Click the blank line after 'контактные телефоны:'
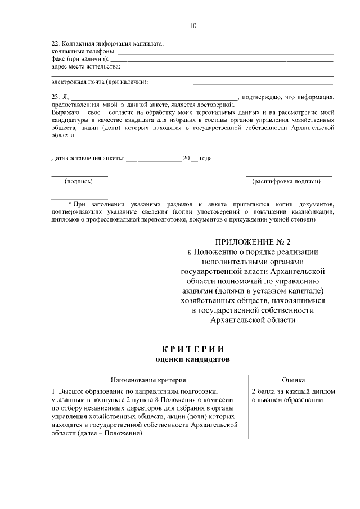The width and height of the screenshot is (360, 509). (x=225, y=52)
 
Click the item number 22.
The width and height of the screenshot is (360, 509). (x=55, y=44)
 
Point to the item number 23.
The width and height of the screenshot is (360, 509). (x=55, y=97)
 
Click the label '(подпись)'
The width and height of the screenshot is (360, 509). (x=79, y=181)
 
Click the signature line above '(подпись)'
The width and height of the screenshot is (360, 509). (x=79, y=175)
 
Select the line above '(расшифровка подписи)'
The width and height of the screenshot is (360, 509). (x=289, y=175)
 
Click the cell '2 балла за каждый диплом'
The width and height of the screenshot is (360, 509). (x=293, y=391)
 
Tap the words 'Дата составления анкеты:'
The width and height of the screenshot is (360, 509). (x=87, y=159)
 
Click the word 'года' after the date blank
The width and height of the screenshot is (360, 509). (x=206, y=159)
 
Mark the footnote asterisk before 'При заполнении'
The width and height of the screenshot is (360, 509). (x=70, y=204)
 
